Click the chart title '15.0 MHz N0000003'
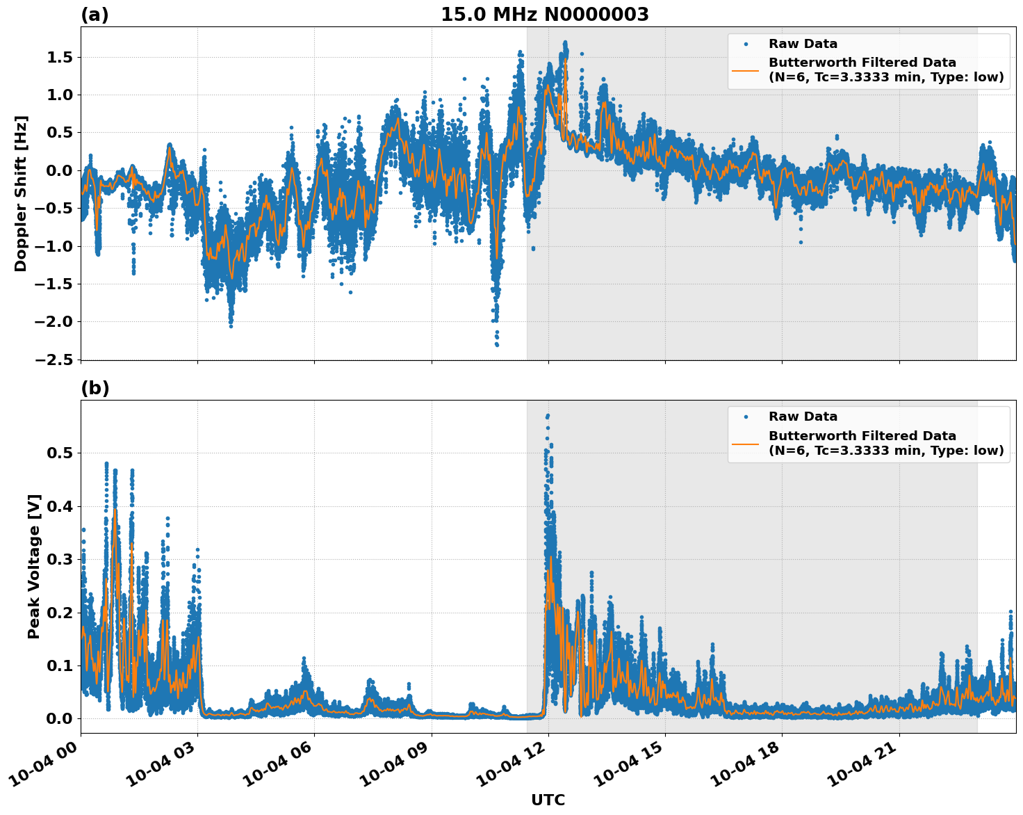(544, 15)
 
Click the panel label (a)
(95, 15)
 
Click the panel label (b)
(95, 388)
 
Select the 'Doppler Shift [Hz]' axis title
(21, 193)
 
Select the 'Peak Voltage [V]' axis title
(34, 566)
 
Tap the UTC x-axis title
(548, 800)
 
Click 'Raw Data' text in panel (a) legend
(803, 44)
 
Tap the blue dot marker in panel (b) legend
(746, 417)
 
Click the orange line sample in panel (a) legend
(746, 70)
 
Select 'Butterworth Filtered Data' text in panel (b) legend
(862, 436)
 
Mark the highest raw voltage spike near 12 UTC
(548, 416)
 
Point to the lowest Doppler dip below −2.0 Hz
(497, 344)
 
